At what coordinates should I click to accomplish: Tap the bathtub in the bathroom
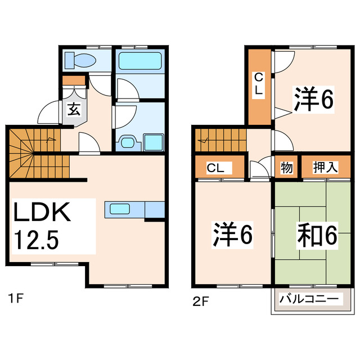[140, 60]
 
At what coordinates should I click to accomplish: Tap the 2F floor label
[200, 301]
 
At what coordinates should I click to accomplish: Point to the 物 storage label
[286, 167]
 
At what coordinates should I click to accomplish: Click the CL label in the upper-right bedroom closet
[258, 83]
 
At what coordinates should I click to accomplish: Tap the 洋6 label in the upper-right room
[313, 100]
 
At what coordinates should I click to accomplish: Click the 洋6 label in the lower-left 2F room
[232, 235]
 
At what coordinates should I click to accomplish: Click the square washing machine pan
[152, 142]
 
